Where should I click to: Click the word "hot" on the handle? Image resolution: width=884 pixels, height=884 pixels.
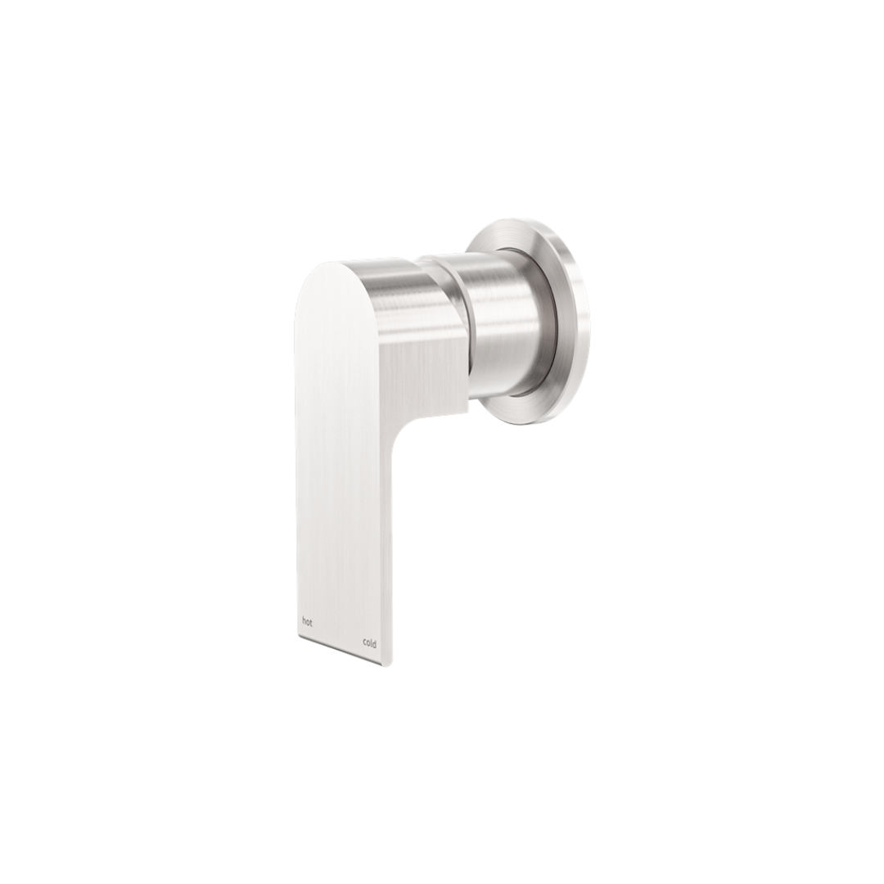(307, 622)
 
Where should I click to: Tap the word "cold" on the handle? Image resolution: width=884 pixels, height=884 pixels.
(370, 643)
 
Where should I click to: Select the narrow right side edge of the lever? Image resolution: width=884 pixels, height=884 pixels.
(387, 557)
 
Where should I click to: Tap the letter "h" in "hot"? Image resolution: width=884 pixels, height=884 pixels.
(304, 622)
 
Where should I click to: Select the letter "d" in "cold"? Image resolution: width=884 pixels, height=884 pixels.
(375, 643)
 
